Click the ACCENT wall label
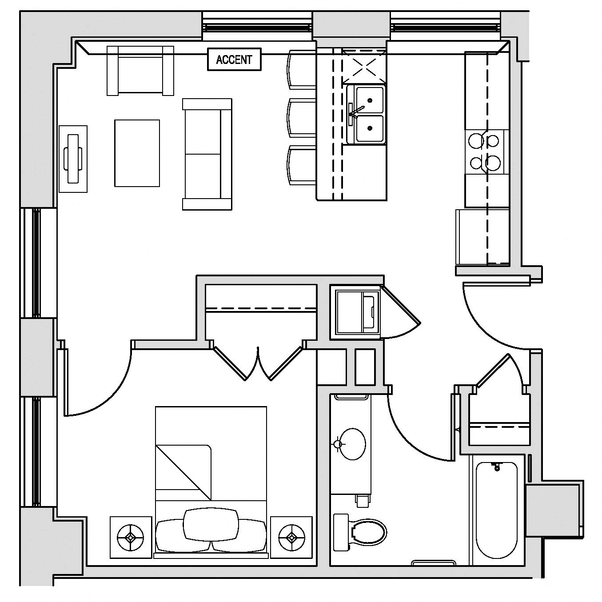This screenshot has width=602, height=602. coord(234,60)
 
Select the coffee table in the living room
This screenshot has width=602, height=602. coord(137,153)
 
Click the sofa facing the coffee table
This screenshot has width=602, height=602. coord(207,154)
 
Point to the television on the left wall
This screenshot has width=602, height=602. coord(73,159)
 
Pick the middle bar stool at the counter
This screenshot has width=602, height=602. coord(302,117)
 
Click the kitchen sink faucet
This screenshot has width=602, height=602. coord(356,111)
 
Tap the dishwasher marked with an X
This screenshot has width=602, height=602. coord(364,67)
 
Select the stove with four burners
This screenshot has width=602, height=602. coord(486,151)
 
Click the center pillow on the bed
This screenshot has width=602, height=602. coord(211,524)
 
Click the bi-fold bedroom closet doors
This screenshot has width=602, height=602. coord(258,364)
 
